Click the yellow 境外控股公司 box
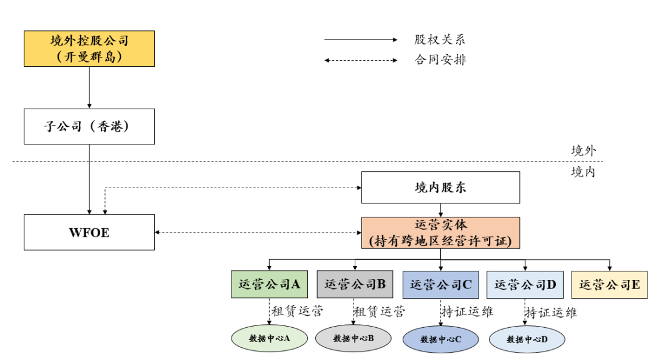pyautogui.click(x=89, y=49)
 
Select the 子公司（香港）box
pyautogui.click(x=89, y=127)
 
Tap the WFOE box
pyautogui.click(x=89, y=232)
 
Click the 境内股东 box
pyautogui.click(x=440, y=187)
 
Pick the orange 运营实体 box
pyautogui.click(x=440, y=233)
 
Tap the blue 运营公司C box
pyautogui.click(x=440, y=284)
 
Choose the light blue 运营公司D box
pyautogui.click(x=525, y=284)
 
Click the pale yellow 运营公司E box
pyautogui.click(x=609, y=284)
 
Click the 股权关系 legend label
pyautogui.click(x=440, y=40)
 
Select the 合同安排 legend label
pyautogui.click(x=440, y=60)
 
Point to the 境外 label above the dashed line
pyautogui.click(x=583, y=151)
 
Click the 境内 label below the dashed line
pyautogui.click(x=583, y=172)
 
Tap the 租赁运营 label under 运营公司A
pyautogui.click(x=297, y=312)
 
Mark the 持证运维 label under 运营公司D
pyautogui.click(x=552, y=313)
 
